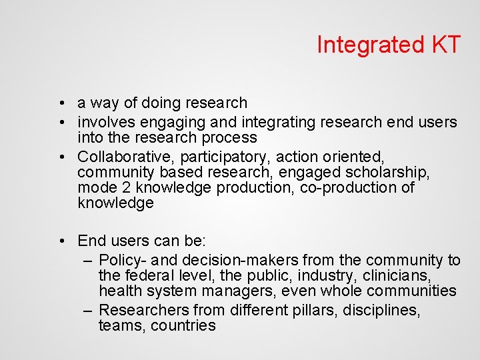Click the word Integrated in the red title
point(366,45)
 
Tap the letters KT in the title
point(441,45)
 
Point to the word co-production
point(345,188)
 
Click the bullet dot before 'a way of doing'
point(61,104)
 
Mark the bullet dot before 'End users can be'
point(61,241)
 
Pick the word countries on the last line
point(183,326)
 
